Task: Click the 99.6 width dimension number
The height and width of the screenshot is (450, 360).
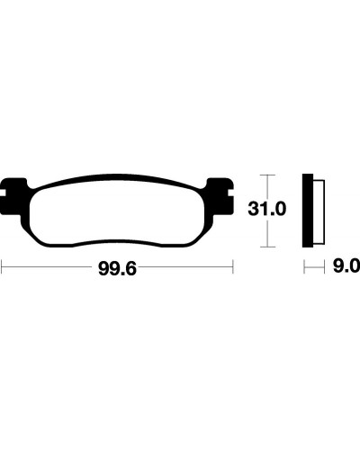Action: (117, 269)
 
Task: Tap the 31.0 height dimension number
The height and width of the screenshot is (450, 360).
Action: (267, 209)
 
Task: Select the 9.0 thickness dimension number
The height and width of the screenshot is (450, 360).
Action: (346, 266)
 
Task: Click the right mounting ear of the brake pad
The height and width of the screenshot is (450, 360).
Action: (221, 195)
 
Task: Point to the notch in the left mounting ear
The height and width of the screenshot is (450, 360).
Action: (3, 193)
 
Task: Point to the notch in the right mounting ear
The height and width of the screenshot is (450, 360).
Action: (230, 193)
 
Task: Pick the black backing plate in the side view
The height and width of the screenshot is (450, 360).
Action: (308, 211)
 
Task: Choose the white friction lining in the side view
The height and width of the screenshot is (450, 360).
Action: (319, 211)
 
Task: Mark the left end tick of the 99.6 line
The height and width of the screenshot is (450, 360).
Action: (2, 266)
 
